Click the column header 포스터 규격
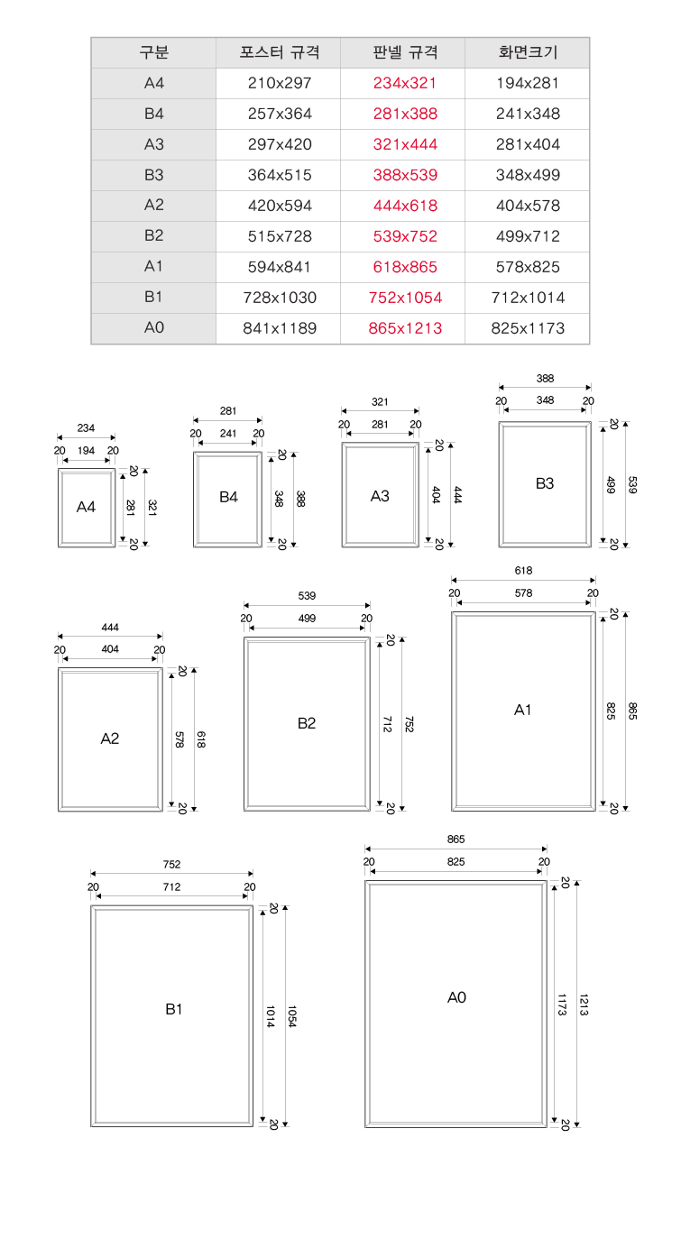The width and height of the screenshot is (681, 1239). click(x=280, y=52)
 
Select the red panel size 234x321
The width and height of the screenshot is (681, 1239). click(x=405, y=83)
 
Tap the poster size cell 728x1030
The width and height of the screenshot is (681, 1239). click(x=280, y=298)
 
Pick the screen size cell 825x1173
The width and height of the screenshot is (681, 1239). click(x=528, y=328)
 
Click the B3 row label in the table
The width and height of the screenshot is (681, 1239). click(x=154, y=175)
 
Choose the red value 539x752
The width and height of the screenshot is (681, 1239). click(x=405, y=236)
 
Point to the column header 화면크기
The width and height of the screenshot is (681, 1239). click(x=528, y=52)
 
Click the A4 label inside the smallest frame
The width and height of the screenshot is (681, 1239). click(x=86, y=507)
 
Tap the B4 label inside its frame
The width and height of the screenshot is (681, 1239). click(x=228, y=497)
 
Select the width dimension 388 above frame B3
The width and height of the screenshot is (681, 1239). click(x=545, y=379)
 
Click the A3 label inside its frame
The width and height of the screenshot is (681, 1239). click(x=380, y=496)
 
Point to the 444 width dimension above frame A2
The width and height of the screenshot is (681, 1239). click(x=110, y=628)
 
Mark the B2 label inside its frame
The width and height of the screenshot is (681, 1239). click(x=307, y=723)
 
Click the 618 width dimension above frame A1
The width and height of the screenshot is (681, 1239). click(x=523, y=570)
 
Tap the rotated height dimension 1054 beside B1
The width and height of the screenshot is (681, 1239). click(x=292, y=1016)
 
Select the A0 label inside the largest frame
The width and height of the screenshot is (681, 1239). click(x=456, y=997)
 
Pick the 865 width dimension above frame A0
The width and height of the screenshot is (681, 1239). click(x=456, y=840)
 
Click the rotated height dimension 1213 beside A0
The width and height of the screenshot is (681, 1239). click(x=584, y=1005)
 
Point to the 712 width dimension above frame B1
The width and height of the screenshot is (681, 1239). click(x=171, y=886)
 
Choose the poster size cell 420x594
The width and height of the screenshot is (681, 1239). click(x=280, y=206)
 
